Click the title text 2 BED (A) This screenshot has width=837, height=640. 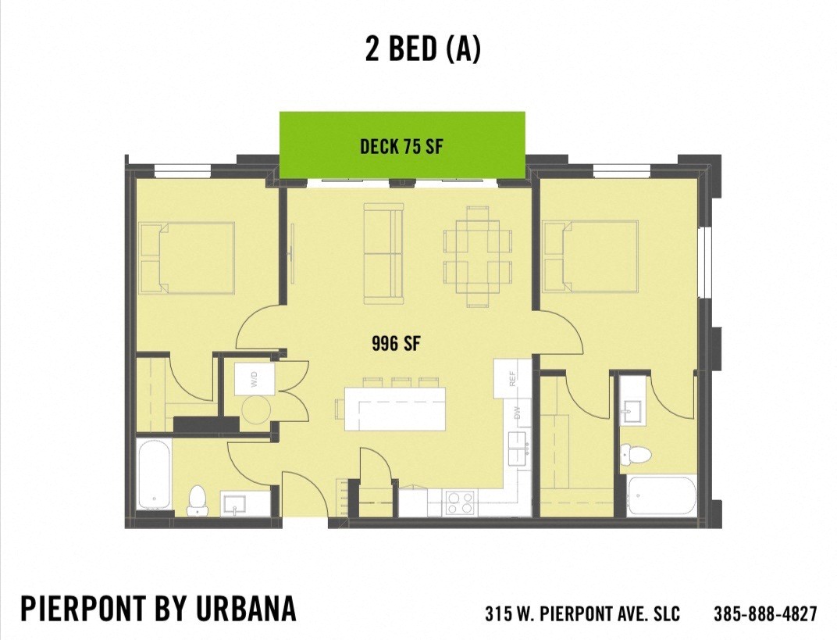tap(422, 49)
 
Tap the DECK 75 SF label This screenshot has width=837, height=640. tap(401, 146)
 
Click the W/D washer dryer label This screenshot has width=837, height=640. tap(254, 381)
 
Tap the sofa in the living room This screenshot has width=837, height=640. tap(383, 254)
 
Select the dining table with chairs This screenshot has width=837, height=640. tap(477, 256)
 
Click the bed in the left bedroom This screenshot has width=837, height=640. tap(187, 258)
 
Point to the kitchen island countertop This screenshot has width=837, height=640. tap(395, 408)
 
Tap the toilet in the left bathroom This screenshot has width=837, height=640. tap(197, 500)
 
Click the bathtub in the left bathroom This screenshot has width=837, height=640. tap(154, 474)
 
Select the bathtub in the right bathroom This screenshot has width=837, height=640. tap(661, 495)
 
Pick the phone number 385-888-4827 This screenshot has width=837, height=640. tap(765, 613)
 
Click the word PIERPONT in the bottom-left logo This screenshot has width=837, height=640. tap(84, 609)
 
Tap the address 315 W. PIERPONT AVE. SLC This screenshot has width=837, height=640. tap(582, 613)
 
